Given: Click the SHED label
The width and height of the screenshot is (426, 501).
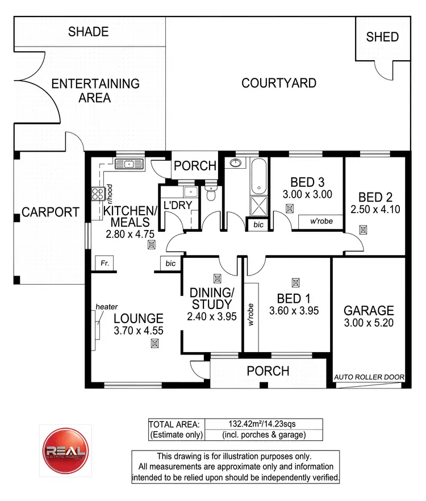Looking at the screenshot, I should click(382, 37).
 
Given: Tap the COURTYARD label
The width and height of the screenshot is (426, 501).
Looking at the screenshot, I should click(279, 83).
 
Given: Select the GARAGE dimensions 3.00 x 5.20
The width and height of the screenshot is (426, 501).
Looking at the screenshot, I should click(369, 323).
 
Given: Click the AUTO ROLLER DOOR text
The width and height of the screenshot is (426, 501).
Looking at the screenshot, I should click(369, 377).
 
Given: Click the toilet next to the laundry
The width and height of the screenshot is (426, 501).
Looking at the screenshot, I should click(211, 193).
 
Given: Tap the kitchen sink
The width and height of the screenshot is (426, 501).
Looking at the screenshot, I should click(130, 165).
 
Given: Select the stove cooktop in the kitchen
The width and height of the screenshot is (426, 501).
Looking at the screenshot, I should click(98, 194).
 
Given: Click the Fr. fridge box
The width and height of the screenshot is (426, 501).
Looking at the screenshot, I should click(105, 264).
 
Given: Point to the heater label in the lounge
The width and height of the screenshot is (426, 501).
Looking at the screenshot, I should click(106, 307).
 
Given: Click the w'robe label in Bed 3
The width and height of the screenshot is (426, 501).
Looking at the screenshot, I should click(321, 221).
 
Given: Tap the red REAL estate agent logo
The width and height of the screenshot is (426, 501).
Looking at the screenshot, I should click(64, 449).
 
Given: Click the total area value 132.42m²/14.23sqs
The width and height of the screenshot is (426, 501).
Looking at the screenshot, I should click(263, 424).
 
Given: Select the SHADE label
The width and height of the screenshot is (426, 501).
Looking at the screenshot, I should click(88, 31).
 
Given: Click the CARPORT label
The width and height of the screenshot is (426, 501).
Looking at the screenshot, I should click(51, 212).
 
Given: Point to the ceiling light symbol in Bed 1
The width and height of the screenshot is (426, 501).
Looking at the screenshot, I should click(295, 282).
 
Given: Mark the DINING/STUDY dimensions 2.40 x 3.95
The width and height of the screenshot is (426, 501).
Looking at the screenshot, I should click(211, 316).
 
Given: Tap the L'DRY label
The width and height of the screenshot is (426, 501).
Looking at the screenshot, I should click(178, 206).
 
